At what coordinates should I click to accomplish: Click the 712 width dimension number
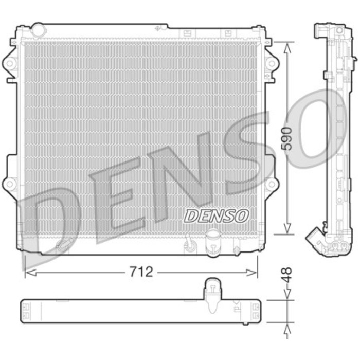pos(140,273)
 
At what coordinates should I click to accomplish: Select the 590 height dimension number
pos(289,138)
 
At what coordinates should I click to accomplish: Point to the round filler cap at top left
pos(38,29)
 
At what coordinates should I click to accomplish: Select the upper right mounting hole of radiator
pos(269,63)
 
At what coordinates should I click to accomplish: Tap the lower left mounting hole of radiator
pos(9,183)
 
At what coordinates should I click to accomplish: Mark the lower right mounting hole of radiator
pos(269,183)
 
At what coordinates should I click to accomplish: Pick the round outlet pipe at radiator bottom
pos(211,242)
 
